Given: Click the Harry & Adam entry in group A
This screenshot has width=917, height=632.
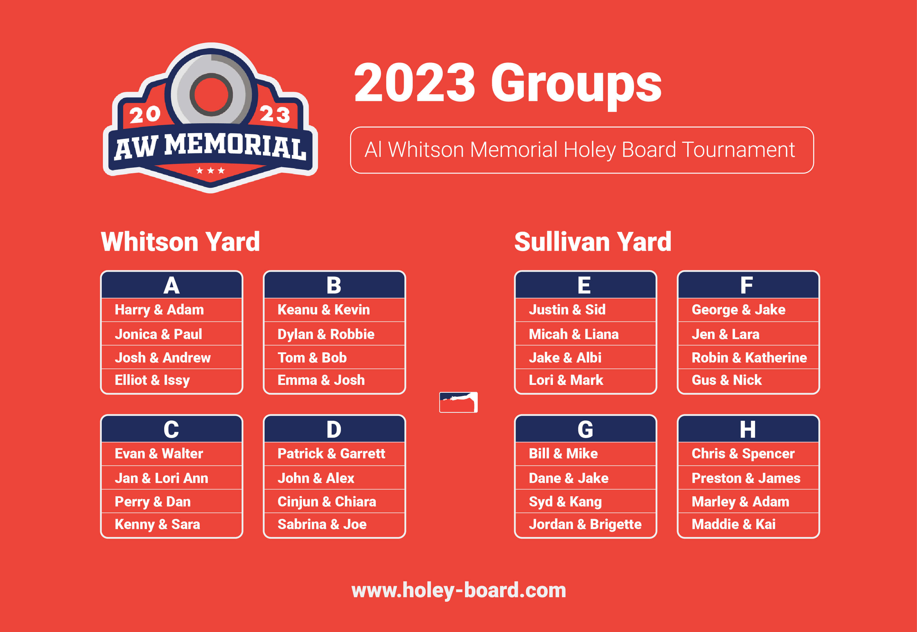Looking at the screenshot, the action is tap(159, 310).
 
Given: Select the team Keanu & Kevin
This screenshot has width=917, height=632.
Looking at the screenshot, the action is tap(324, 310).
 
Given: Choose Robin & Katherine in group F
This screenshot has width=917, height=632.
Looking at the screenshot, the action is tap(749, 358).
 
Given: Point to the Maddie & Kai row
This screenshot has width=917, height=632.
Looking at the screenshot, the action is tap(733, 524).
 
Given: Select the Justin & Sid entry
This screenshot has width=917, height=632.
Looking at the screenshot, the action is tap(567, 310).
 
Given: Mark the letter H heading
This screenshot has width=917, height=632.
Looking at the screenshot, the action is tap(748, 429).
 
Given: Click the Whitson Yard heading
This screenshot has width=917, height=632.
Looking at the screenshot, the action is tap(180, 241).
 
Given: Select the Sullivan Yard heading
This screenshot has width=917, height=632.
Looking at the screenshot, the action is tap(593, 241).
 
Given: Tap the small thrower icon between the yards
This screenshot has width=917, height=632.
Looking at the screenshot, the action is tap(458, 402).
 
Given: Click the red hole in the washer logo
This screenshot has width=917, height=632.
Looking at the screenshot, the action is tap(211, 94).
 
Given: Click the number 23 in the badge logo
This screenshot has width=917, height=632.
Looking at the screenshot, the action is tap(275, 115).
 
